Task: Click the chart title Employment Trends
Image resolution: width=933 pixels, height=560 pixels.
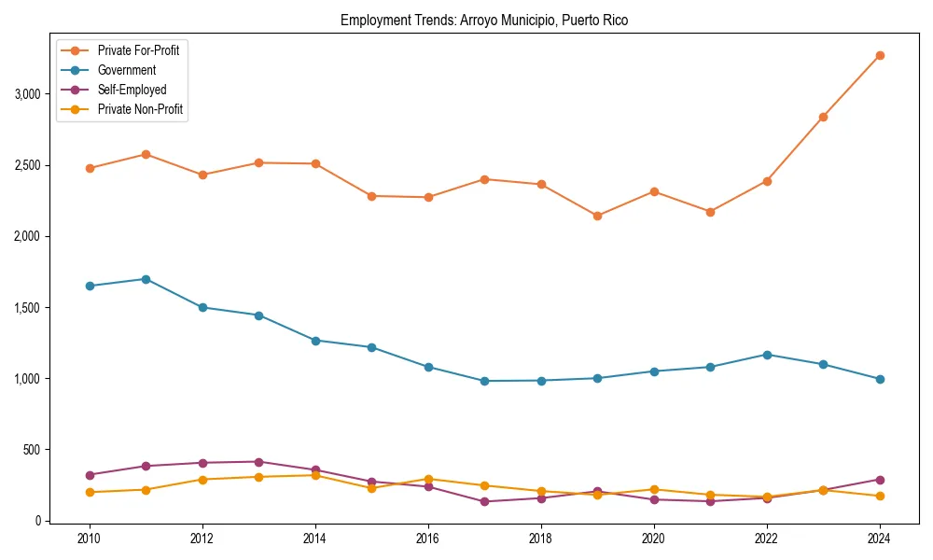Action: [x=484, y=20]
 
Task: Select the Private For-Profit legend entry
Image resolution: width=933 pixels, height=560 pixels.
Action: [x=138, y=50]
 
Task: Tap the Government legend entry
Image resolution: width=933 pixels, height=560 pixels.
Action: [x=126, y=70]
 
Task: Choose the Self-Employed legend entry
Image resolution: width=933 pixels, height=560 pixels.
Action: [x=132, y=90]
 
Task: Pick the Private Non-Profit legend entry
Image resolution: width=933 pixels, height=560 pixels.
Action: [x=140, y=109]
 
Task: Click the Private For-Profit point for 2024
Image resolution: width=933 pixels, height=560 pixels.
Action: [x=880, y=55]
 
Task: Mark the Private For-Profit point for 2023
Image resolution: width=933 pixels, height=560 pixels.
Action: [x=823, y=117]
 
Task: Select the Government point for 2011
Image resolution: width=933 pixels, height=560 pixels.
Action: [x=146, y=279]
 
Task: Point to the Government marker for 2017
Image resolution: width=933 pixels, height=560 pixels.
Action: [x=484, y=381]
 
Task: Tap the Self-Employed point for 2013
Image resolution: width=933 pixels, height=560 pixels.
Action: [x=259, y=462]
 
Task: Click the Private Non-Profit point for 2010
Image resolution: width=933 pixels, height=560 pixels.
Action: [x=90, y=492]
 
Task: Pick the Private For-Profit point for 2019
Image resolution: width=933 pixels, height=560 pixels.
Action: [x=597, y=216]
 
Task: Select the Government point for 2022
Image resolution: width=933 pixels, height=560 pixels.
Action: [x=767, y=355]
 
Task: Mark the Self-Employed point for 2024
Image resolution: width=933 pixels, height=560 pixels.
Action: [x=880, y=480]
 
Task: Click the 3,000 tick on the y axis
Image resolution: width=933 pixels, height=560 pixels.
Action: [x=26, y=94]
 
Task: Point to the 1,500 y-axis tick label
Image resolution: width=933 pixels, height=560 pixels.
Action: [x=26, y=308]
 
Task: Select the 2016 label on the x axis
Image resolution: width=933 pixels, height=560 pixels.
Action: [x=428, y=539]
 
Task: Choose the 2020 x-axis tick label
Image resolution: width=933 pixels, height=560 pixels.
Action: [x=654, y=539]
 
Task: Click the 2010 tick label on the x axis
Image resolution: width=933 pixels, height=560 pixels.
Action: [x=90, y=539]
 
